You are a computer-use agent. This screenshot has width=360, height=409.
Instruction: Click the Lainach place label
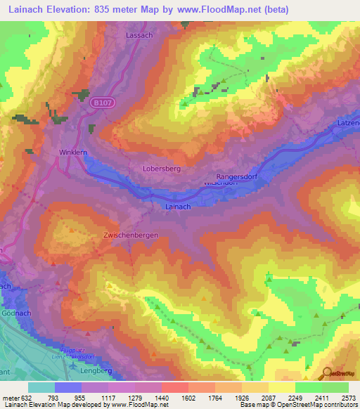click(177, 207)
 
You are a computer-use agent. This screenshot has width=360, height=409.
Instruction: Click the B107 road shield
click(101, 102)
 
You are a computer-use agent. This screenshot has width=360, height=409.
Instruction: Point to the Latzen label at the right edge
click(349, 124)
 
